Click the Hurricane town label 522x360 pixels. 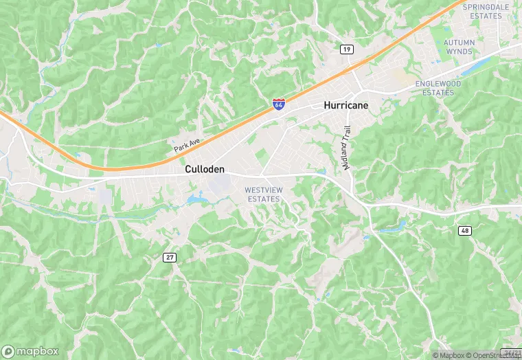[x=346, y=105]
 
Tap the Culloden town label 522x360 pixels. [x=205, y=168]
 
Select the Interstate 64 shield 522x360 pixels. [x=278, y=104]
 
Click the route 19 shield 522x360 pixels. [x=347, y=49]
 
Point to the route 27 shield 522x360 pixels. [x=169, y=257]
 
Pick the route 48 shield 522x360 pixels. [x=465, y=231]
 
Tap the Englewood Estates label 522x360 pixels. [x=440, y=87]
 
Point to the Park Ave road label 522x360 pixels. [x=186, y=144]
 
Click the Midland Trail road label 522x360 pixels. [x=348, y=148]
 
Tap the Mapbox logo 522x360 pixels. [x=30, y=350]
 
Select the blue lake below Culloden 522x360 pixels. [x=196, y=200]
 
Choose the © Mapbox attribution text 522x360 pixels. [x=448, y=355]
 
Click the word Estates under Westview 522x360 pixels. [x=263, y=199]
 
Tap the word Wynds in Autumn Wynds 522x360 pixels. [x=459, y=52]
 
